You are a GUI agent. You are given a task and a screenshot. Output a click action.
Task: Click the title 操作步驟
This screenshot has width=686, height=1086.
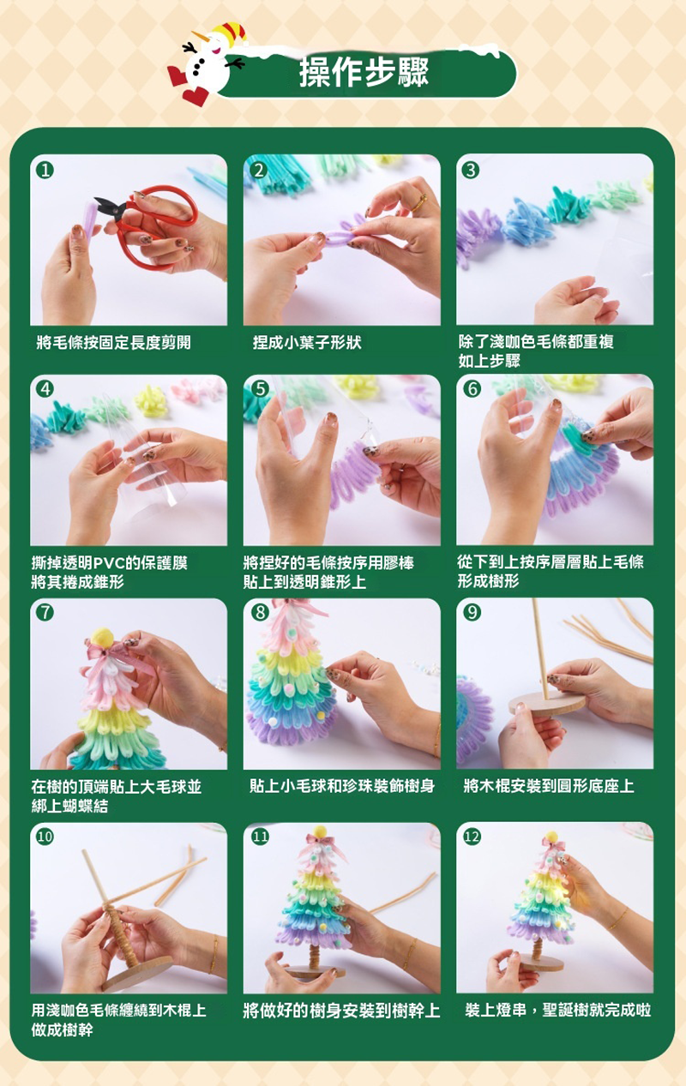(x=364, y=73)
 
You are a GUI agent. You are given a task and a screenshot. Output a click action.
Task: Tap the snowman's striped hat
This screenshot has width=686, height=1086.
(x=232, y=33)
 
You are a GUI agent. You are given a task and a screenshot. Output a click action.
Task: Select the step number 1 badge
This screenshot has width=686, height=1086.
(x=45, y=171)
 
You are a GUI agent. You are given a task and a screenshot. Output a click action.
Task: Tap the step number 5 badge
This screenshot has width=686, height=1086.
(x=260, y=389)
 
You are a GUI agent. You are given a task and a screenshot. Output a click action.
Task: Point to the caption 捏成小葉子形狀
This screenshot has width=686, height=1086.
(x=307, y=343)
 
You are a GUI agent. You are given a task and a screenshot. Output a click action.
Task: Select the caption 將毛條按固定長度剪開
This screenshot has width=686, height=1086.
(x=113, y=343)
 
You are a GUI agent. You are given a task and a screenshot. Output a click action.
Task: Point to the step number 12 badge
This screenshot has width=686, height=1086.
(x=472, y=837)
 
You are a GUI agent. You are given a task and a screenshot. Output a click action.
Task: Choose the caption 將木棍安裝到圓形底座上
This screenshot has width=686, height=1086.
(x=548, y=786)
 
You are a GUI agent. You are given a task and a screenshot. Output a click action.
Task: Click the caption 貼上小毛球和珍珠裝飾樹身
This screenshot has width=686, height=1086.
(x=342, y=786)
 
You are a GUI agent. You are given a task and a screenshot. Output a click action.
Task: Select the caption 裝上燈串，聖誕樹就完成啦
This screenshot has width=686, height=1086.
(x=558, y=1011)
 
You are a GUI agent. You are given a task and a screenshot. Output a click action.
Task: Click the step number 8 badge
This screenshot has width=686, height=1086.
(x=260, y=613)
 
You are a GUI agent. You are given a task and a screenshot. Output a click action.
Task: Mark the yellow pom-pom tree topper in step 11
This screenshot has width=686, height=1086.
(x=320, y=832)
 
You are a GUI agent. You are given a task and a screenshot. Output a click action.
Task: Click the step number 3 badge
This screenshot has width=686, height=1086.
(x=472, y=171)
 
